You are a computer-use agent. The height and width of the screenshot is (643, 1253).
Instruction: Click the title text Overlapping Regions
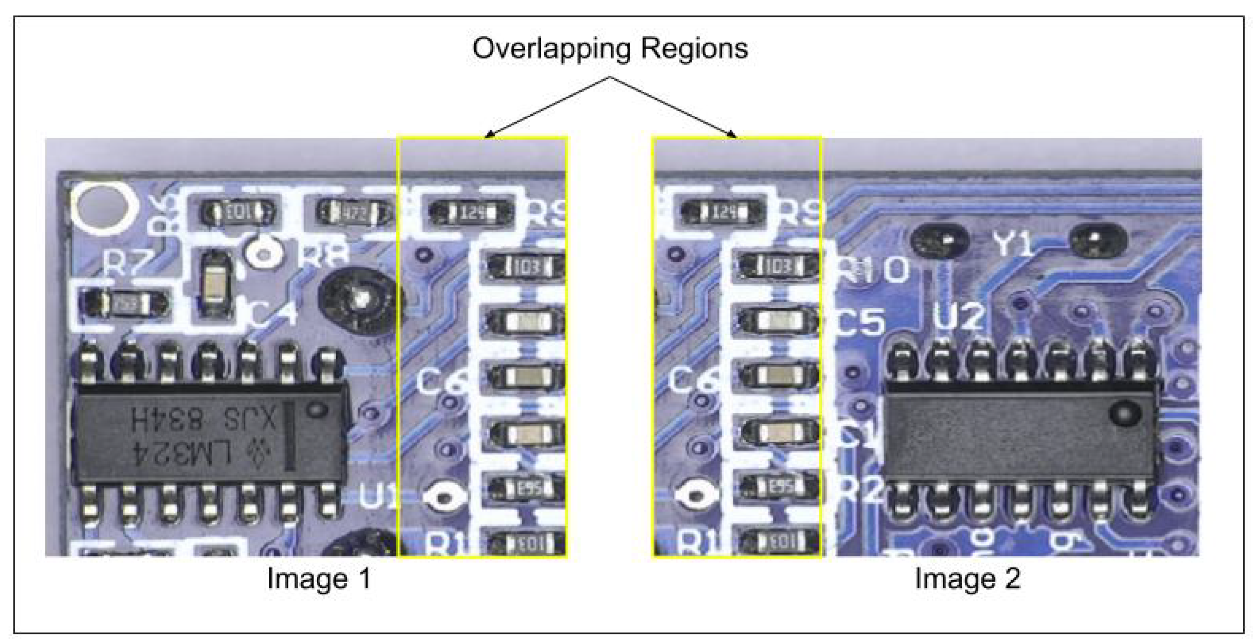610,49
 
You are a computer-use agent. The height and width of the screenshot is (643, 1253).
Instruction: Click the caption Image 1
319,579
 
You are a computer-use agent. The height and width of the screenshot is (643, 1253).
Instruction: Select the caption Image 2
967,579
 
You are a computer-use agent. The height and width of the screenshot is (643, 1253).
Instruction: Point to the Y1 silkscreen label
1013,244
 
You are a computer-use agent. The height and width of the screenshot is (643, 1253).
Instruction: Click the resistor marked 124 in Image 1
471,212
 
